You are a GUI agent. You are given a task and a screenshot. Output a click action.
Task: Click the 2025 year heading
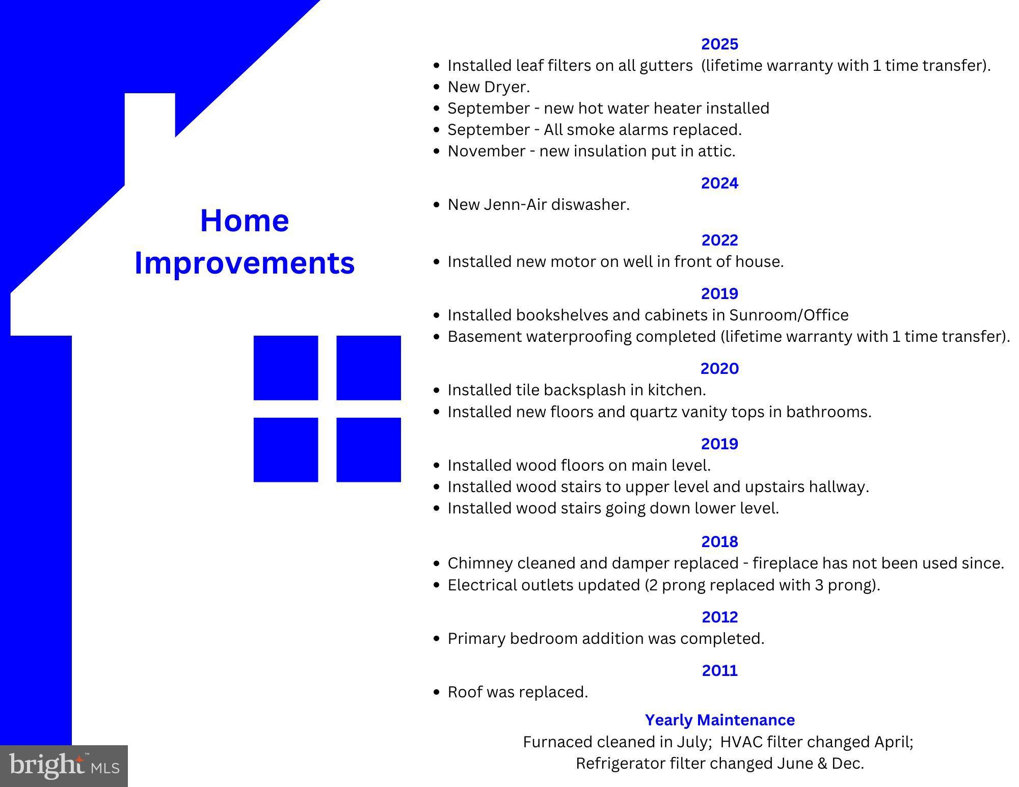(x=719, y=44)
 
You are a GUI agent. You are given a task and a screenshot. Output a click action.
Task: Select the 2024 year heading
(x=719, y=183)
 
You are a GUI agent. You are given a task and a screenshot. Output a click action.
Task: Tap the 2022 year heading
(x=719, y=240)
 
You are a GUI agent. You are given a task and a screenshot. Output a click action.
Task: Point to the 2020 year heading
(x=719, y=368)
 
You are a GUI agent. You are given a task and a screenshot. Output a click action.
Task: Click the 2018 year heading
(x=719, y=541)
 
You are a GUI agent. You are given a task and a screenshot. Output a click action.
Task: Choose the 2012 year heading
(x=719, y=617)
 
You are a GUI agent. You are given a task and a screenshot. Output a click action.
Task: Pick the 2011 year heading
(x=719, y=670)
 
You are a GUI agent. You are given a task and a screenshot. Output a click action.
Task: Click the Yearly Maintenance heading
(x=719, y=720)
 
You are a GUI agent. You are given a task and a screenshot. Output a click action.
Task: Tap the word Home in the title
(x=245, y=221)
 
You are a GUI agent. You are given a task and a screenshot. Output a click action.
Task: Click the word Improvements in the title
(x=245, y=263)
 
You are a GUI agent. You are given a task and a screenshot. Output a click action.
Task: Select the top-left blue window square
(x=286, y=368)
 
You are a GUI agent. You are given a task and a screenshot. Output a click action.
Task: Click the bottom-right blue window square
(x=368, y=450)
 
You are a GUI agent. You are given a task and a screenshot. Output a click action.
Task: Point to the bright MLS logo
(x=64, y=766)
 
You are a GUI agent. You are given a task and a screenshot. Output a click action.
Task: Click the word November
(x=486, y=151)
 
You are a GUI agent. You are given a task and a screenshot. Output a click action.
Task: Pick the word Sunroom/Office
(x=789, y=315)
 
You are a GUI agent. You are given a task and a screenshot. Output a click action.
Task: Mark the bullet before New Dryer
(x=436, y=87)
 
